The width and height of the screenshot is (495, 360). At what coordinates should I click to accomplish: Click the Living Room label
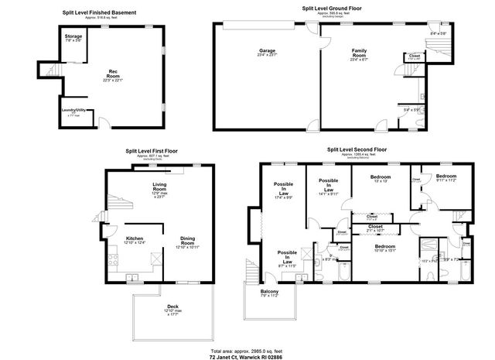click(x=159, y=189)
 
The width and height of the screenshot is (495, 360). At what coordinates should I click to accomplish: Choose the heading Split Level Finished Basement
click(x=99, y=13)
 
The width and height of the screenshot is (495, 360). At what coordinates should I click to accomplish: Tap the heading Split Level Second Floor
click(x=357, y=149)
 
